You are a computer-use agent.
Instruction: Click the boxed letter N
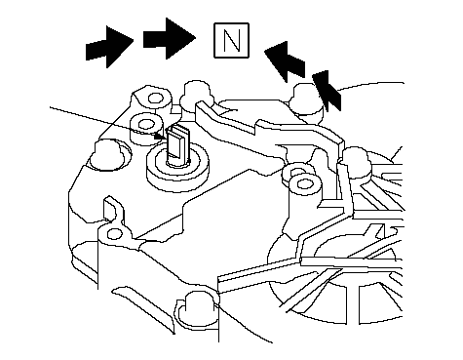tap(231, 40)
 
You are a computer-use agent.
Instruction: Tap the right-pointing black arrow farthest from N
tap(109, 48)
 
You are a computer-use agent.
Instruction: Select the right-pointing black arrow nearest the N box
tap(170, 39)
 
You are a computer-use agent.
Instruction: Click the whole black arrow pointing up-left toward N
tap(285, 60)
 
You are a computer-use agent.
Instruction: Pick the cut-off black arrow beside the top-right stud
tap(327, 91)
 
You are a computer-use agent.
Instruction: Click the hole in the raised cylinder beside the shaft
tap(145, 124)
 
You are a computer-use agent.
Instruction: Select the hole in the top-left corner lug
tap(155, 98)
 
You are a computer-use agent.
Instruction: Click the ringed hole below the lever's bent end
tap(304, 184)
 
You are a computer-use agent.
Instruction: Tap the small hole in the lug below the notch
tap(114, 234)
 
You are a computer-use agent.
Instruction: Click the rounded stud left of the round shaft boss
tap(107, 155)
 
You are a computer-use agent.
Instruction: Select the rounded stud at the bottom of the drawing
tap(197, 309)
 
